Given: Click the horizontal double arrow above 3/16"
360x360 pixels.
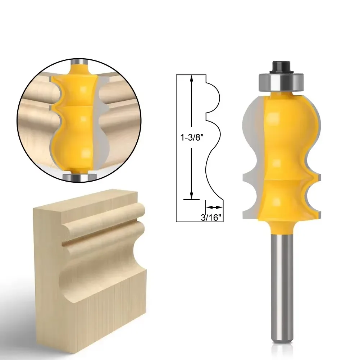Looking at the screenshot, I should tap(214, 207).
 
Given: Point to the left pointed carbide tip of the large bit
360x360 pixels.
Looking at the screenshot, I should tap(245, 177).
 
